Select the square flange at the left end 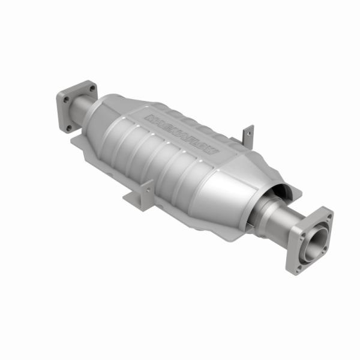tap(76, 104)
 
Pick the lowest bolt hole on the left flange tap(69, 127)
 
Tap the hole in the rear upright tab tap(247, 133)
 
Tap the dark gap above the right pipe tap(277, 193)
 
